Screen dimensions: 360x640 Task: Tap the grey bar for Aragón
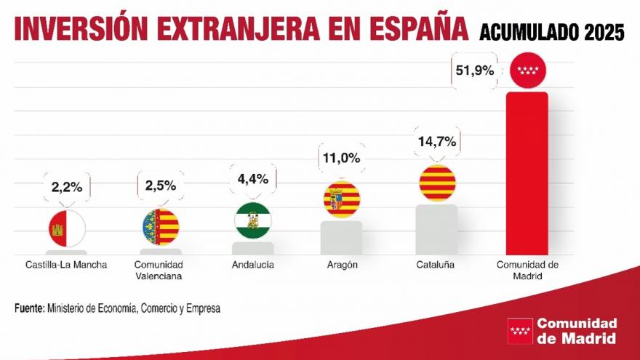pyautogui.click(x=341, y=239)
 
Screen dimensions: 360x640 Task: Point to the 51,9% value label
pyautogui.click(x=475, y=71)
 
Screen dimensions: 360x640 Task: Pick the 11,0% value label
pyautogui.click(x=340, y=158)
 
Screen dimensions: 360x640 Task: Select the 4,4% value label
pyautogui.click(x=252, y=179)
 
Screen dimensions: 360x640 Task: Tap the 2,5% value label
pyautogui.click(x=160, y=185)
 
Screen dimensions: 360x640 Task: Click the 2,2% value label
pyautogui.click(x=66, y=188)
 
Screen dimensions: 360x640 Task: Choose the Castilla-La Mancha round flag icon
pyautogui.click(x=66, y=227)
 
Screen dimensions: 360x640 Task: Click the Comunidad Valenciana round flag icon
pyautogui.click(x=160, y=227)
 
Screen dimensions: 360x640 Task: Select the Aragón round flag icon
pyautogui.click(x=341, y=200)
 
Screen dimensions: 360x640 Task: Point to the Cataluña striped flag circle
pyautogui.click(x=437, y=183)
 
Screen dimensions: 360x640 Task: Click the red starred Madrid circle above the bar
pyautogui.click(x=527, y=71)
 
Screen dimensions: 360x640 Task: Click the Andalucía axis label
pyautogui.click(x=252, y=265)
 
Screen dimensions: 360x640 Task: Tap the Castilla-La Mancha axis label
pyautogui.click(x=65, y=265)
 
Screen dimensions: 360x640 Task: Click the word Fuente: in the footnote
pyautogui.click(x=29, y=308)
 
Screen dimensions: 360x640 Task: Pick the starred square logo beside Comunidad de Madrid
pyautogui.click(x=519, y=331)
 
